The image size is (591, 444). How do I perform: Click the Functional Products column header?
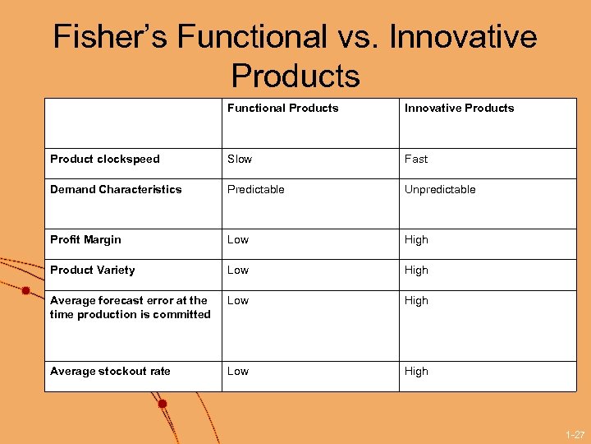click(282, 108)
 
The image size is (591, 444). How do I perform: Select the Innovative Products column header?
click(459, 108)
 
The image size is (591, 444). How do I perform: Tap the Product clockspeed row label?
click(105, 159)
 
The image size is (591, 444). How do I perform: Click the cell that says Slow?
click(240, 159)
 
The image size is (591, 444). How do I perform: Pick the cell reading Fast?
click(416, 159)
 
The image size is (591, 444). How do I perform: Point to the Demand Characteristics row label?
click(116, 189)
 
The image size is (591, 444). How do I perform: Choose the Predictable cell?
click(256, 189)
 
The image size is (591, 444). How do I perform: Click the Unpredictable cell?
click(440, 189)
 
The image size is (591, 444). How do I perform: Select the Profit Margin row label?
click(85, 239)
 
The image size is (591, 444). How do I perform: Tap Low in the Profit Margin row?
click(238, 239)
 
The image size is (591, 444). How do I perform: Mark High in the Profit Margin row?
click(416, 239)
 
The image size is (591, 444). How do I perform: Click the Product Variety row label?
click(92, 270)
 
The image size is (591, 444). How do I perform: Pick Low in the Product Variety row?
click(238, 270)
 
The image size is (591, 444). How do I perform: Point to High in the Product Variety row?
click(416, 270)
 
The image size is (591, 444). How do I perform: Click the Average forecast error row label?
click(130, 307)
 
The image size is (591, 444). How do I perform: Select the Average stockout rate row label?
click(110, 371)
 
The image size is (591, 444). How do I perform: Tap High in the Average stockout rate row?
click(416, 371)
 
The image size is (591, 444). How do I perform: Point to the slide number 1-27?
click(575, 434)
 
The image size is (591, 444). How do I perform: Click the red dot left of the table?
click(25, 290)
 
